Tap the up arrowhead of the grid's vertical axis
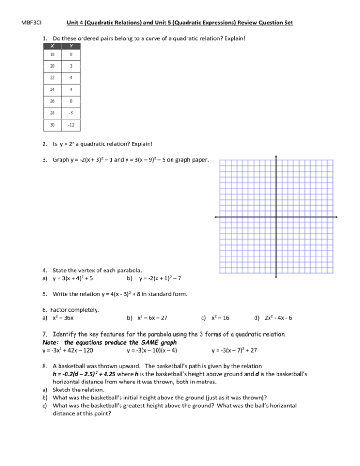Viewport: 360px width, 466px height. (276, 158)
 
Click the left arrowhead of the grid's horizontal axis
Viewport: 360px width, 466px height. (216, 218)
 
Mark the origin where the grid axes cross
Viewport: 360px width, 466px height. (276, 218)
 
